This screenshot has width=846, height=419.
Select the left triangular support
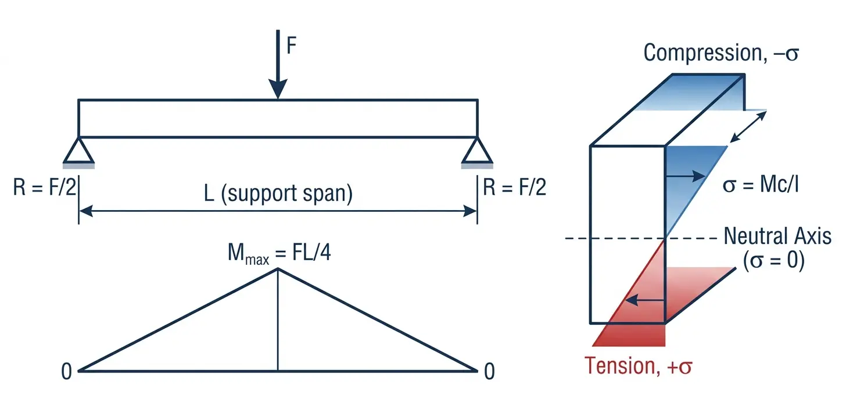tap(78, 151)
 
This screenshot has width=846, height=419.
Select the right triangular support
tap(477, 151)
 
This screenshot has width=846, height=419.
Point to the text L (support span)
tap(278, 193)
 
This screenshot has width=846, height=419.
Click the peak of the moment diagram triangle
tap(278, 269)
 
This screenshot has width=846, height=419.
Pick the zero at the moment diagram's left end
tap(67, 371)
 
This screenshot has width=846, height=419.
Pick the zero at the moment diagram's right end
tap(489, 371)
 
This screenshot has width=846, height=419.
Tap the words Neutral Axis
tap(777, 237)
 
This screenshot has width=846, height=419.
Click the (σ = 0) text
tap(773, 261)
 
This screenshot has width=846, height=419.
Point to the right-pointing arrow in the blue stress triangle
tap(686, 174)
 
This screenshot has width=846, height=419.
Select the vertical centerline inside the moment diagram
tap(278, 320)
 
